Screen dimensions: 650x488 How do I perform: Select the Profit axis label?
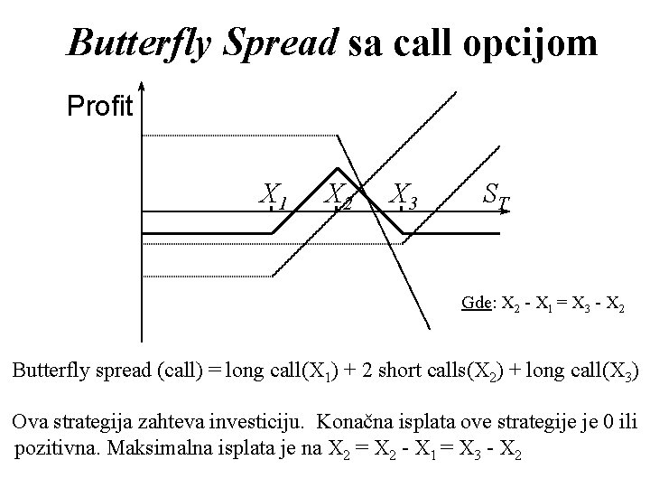click(x=100, y=109)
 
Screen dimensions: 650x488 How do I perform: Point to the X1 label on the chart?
click(x=274, y=193)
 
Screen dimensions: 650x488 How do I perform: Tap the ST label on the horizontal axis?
click(x=495, y=193)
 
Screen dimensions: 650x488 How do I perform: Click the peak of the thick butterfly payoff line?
click(x=338, y=168)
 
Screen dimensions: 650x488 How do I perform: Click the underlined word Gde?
click(x=475, y=304)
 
